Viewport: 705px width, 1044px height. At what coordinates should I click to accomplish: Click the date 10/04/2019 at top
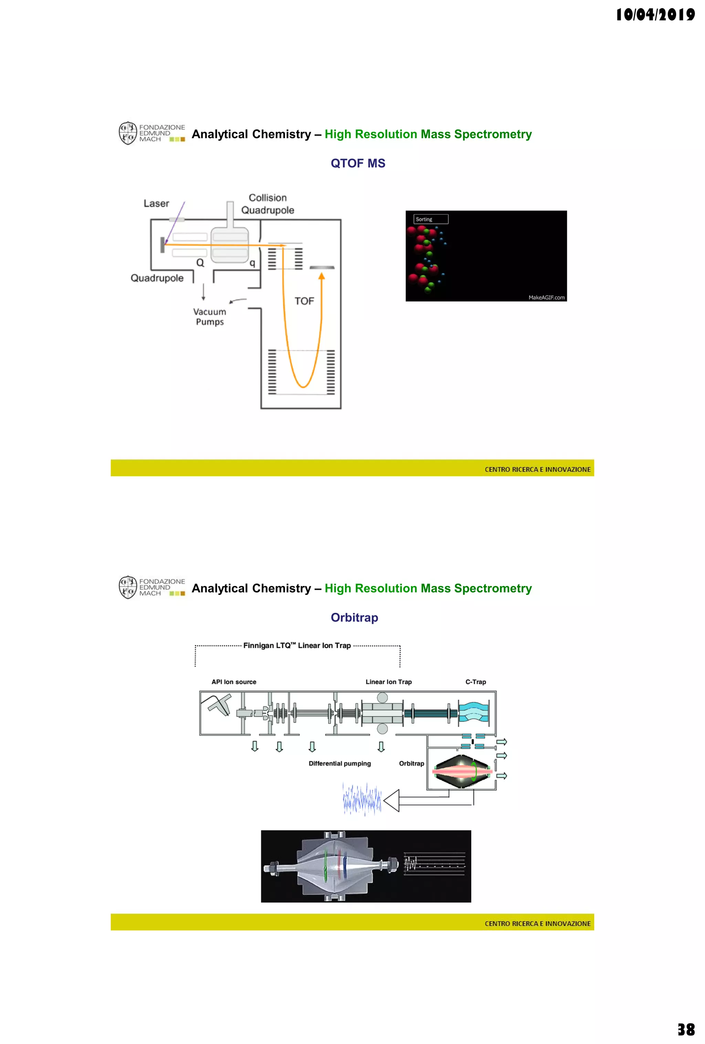coord(655,15)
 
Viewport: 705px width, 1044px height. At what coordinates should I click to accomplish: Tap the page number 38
coord(686,1029)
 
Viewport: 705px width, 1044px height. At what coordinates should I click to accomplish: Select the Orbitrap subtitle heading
coord(354,617)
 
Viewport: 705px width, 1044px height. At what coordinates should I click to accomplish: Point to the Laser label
coord(156,203)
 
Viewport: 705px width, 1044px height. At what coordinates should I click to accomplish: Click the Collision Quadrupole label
coord(267,204)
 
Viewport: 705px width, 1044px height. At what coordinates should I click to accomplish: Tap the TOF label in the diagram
coord(304,301)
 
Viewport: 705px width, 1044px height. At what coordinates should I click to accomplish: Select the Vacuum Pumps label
coord(210,317)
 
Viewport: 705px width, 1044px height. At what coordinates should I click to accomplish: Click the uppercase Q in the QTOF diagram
coord(200,263)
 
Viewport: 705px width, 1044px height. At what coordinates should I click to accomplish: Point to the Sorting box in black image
coord(430,219)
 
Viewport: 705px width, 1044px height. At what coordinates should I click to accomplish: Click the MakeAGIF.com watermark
coord(546,297)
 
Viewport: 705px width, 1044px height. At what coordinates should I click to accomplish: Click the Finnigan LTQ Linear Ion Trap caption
coord(297,646)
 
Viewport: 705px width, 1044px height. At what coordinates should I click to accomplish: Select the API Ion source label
coord(233,682)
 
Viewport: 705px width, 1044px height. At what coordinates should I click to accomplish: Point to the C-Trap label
coord(475,682)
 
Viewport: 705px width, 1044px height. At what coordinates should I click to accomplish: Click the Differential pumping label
coord(339,764)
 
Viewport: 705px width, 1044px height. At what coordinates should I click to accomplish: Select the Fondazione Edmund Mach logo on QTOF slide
coord(152,133)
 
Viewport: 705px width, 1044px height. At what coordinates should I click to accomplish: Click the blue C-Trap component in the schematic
coord(473,712)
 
